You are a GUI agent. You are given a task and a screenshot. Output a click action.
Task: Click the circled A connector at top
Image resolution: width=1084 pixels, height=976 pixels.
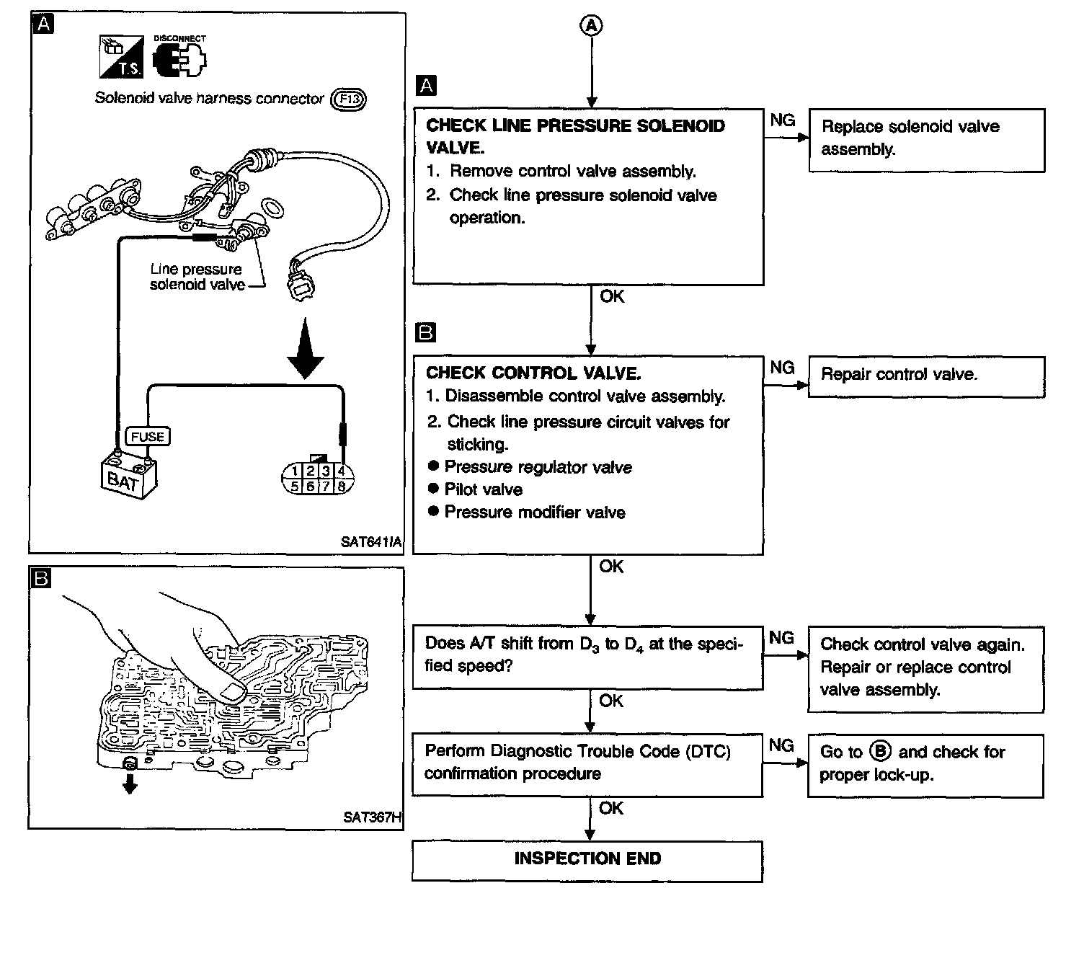click(591, 26)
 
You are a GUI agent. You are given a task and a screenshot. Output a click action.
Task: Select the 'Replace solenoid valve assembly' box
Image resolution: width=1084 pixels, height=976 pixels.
click(926, 140)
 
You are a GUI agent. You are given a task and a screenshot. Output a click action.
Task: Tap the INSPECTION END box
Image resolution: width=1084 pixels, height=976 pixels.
click(587, 859)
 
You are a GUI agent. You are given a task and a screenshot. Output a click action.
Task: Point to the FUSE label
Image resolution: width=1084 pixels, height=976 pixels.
click(148, 437)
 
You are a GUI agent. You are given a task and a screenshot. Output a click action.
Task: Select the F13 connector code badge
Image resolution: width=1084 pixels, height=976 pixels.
click(348, 99)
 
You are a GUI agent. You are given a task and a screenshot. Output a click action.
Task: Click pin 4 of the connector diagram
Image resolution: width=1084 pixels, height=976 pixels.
click(342, 471)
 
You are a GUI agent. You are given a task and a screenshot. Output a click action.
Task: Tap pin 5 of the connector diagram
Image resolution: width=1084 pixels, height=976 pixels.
click(294, 486)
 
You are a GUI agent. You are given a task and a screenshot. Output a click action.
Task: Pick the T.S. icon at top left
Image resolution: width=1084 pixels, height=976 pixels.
click(121, 58)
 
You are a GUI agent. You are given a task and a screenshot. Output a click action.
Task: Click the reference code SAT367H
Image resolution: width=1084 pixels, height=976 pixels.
click(372, 817)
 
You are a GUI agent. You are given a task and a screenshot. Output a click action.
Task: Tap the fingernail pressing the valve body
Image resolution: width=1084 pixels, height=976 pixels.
click(232, 693)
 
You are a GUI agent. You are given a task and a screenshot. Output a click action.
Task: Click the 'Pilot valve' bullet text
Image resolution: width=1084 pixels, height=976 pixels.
click(483, 490)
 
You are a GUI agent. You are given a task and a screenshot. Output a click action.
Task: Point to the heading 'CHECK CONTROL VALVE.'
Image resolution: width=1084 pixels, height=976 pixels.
click(533, 373)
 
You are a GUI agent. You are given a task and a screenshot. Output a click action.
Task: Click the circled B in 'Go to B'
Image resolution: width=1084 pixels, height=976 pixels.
click(880, 751)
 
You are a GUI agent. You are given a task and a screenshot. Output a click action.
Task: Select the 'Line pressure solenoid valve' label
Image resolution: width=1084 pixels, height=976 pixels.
click(197, 277)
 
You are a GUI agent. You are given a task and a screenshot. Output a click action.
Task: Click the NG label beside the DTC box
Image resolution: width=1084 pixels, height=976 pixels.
click(781, 745)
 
